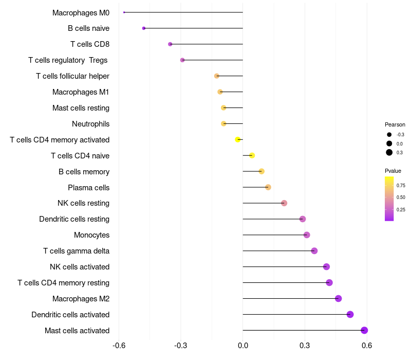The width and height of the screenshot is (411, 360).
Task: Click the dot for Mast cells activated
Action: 364,330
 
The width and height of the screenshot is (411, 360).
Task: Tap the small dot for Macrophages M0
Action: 124,12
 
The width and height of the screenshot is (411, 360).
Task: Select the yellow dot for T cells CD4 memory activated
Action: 238,139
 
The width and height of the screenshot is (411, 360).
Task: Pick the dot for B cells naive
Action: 144,28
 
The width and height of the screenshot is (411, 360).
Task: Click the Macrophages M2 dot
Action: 338,298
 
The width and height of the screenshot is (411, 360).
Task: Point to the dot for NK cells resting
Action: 284,203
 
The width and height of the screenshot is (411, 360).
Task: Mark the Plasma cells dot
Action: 268,187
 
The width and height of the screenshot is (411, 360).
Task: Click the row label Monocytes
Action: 91,235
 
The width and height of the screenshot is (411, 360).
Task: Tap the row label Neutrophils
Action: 90,124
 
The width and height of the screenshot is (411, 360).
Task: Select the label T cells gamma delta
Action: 76,251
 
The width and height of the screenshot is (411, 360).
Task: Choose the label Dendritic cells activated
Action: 70,315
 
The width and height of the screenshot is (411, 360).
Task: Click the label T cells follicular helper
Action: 72,76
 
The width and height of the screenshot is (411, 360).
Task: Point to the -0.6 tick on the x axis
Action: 119,345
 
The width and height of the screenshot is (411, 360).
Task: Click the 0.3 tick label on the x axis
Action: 305,345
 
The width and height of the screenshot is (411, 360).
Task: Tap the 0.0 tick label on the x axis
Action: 242,345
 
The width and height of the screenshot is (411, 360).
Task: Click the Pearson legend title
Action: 395,124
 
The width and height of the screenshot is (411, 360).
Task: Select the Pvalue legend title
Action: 393,171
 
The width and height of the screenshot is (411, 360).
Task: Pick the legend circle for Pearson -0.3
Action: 389,135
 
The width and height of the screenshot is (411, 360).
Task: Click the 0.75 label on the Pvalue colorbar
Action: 401,185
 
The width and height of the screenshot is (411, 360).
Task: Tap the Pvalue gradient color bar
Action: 389,199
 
